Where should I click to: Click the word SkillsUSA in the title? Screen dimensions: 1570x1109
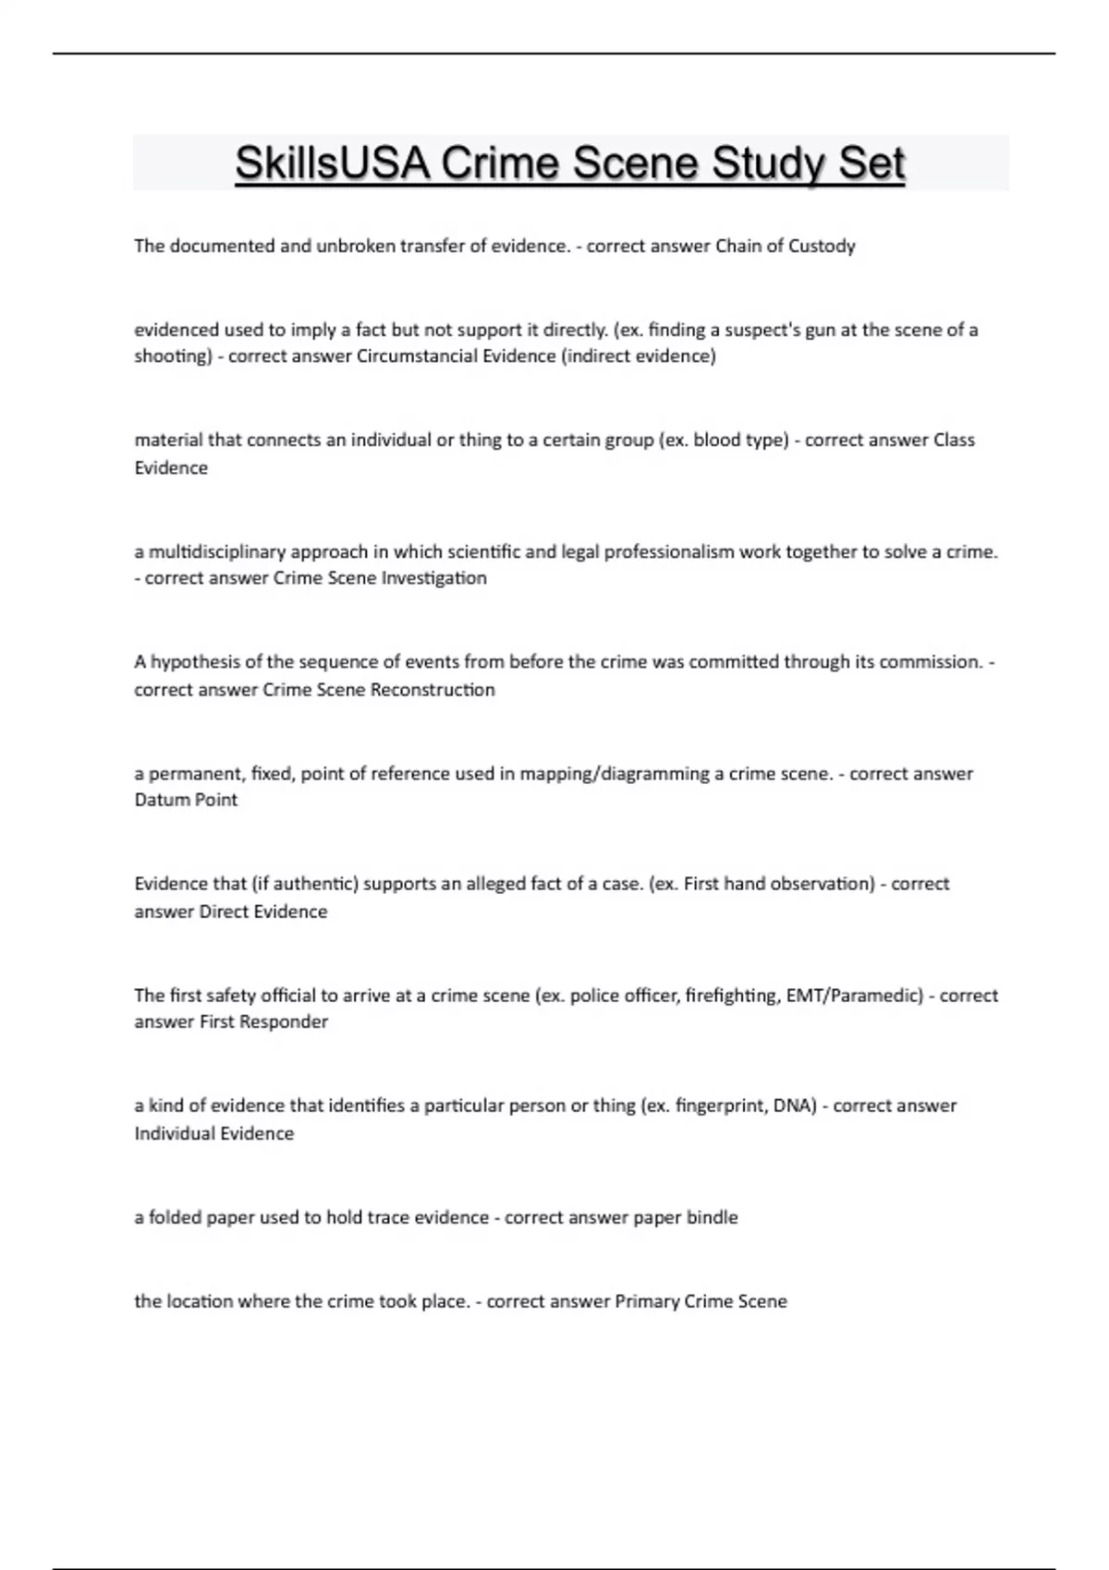(334, 164)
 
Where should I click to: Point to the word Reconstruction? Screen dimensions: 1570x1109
(433, 690)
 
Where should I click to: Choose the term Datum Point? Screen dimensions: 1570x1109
(186, 801)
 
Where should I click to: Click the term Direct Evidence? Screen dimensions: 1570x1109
(263, 912)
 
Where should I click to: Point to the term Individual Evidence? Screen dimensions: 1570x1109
(213, 1134)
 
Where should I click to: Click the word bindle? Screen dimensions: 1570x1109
(712, 1218)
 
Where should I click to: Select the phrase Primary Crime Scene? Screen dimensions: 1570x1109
(701, 1302)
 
